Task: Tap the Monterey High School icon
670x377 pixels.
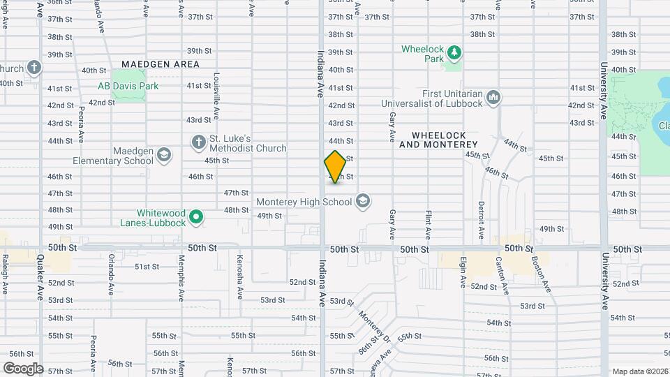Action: pos(362,202)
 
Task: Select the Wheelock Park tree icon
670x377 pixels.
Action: pos(454,52)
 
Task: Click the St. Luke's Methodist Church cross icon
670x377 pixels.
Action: pos(198,142)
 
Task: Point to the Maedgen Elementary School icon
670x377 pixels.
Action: pos(164,155)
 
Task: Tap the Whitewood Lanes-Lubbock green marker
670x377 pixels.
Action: pos(197,217)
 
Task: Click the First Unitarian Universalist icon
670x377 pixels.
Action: pos(494,97)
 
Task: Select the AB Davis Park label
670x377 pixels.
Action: pos(128,86)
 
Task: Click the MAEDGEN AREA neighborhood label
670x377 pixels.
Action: pos(161,64)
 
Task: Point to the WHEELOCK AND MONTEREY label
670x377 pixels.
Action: pos(438,140)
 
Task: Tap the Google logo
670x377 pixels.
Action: pos(23,368)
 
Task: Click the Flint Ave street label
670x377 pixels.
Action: pos(429,223)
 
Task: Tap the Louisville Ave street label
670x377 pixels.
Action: pos(217,101)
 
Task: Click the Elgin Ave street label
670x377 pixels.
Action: pos(463,272)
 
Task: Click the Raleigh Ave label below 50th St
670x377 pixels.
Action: pos(5,274)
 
